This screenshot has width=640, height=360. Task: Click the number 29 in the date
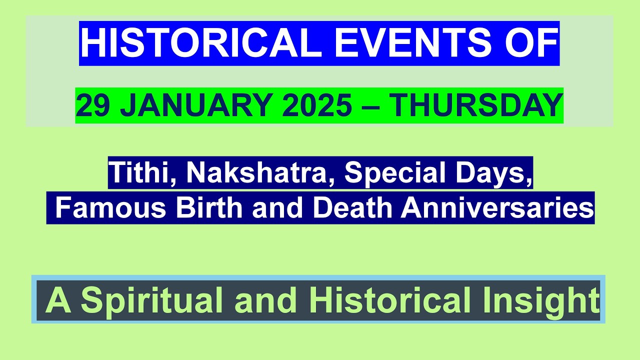tap(93, 106)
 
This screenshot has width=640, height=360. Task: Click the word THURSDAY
tap(475, 106)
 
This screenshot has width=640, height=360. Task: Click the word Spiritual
tap(152, 300)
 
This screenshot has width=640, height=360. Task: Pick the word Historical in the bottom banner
tap(389, 300)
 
